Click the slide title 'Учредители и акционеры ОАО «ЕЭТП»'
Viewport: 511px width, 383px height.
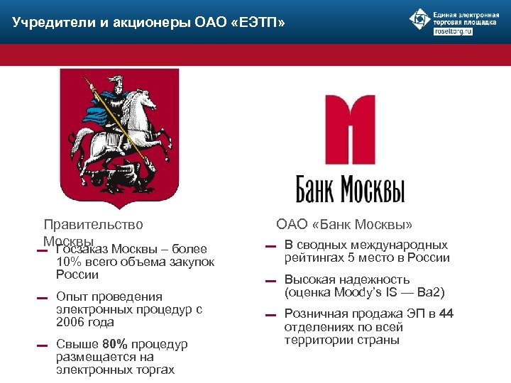(x=149, y=23)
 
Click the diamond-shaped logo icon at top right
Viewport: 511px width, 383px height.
(x=420, y=19)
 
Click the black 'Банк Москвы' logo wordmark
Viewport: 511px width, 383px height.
(x=350, y=190)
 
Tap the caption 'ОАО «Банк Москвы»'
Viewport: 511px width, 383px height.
(x=344, y=225)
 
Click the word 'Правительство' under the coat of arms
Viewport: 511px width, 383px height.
(x=93, y=225)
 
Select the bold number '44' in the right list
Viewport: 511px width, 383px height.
(x=446, y=313)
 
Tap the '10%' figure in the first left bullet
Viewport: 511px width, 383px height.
(x=68, y=262)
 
